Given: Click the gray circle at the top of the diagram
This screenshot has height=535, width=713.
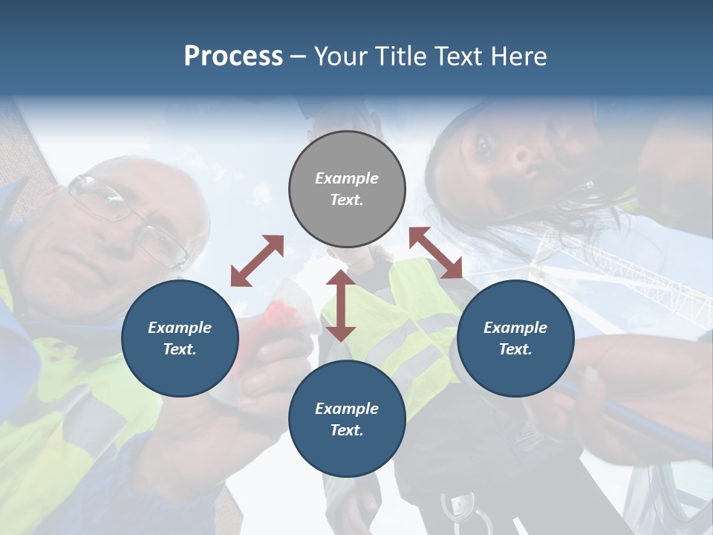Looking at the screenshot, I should pos(347,189).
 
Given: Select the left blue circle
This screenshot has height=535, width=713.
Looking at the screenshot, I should pos(180,338).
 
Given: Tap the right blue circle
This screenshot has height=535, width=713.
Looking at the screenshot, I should pos(515,338).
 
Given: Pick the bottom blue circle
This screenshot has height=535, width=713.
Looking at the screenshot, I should pos(347,419).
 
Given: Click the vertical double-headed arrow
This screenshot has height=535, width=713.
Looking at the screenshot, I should pos(341,305).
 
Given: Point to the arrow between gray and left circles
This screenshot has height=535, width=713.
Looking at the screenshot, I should pos(257,261).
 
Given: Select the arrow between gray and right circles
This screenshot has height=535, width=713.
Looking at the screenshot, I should pos(436,253).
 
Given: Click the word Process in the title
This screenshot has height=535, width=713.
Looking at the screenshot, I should pos(233,56).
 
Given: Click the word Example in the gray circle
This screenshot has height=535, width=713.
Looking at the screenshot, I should pos(347,178).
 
